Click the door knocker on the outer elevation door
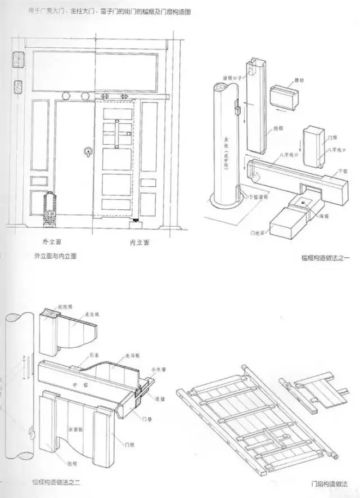[87, 151]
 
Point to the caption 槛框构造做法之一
[326, 256]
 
